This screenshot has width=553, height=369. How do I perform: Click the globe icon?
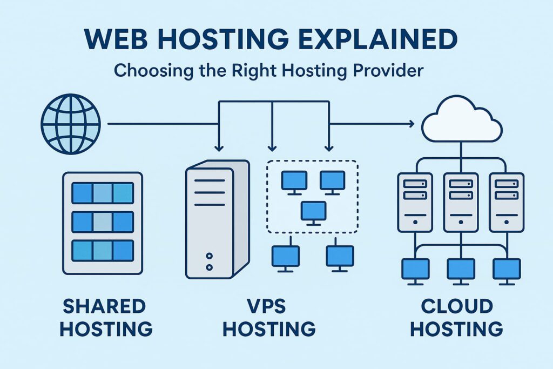(71, 124)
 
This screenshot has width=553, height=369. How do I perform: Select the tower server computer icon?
(216, 219)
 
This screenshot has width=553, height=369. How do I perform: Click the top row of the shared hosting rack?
(103, 193)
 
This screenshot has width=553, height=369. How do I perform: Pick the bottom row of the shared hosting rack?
(103, 250)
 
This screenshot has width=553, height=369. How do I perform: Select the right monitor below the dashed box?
(340, 256)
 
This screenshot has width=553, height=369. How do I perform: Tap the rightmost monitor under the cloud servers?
(507, 270)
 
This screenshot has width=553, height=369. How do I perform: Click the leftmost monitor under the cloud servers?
(415, 270)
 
